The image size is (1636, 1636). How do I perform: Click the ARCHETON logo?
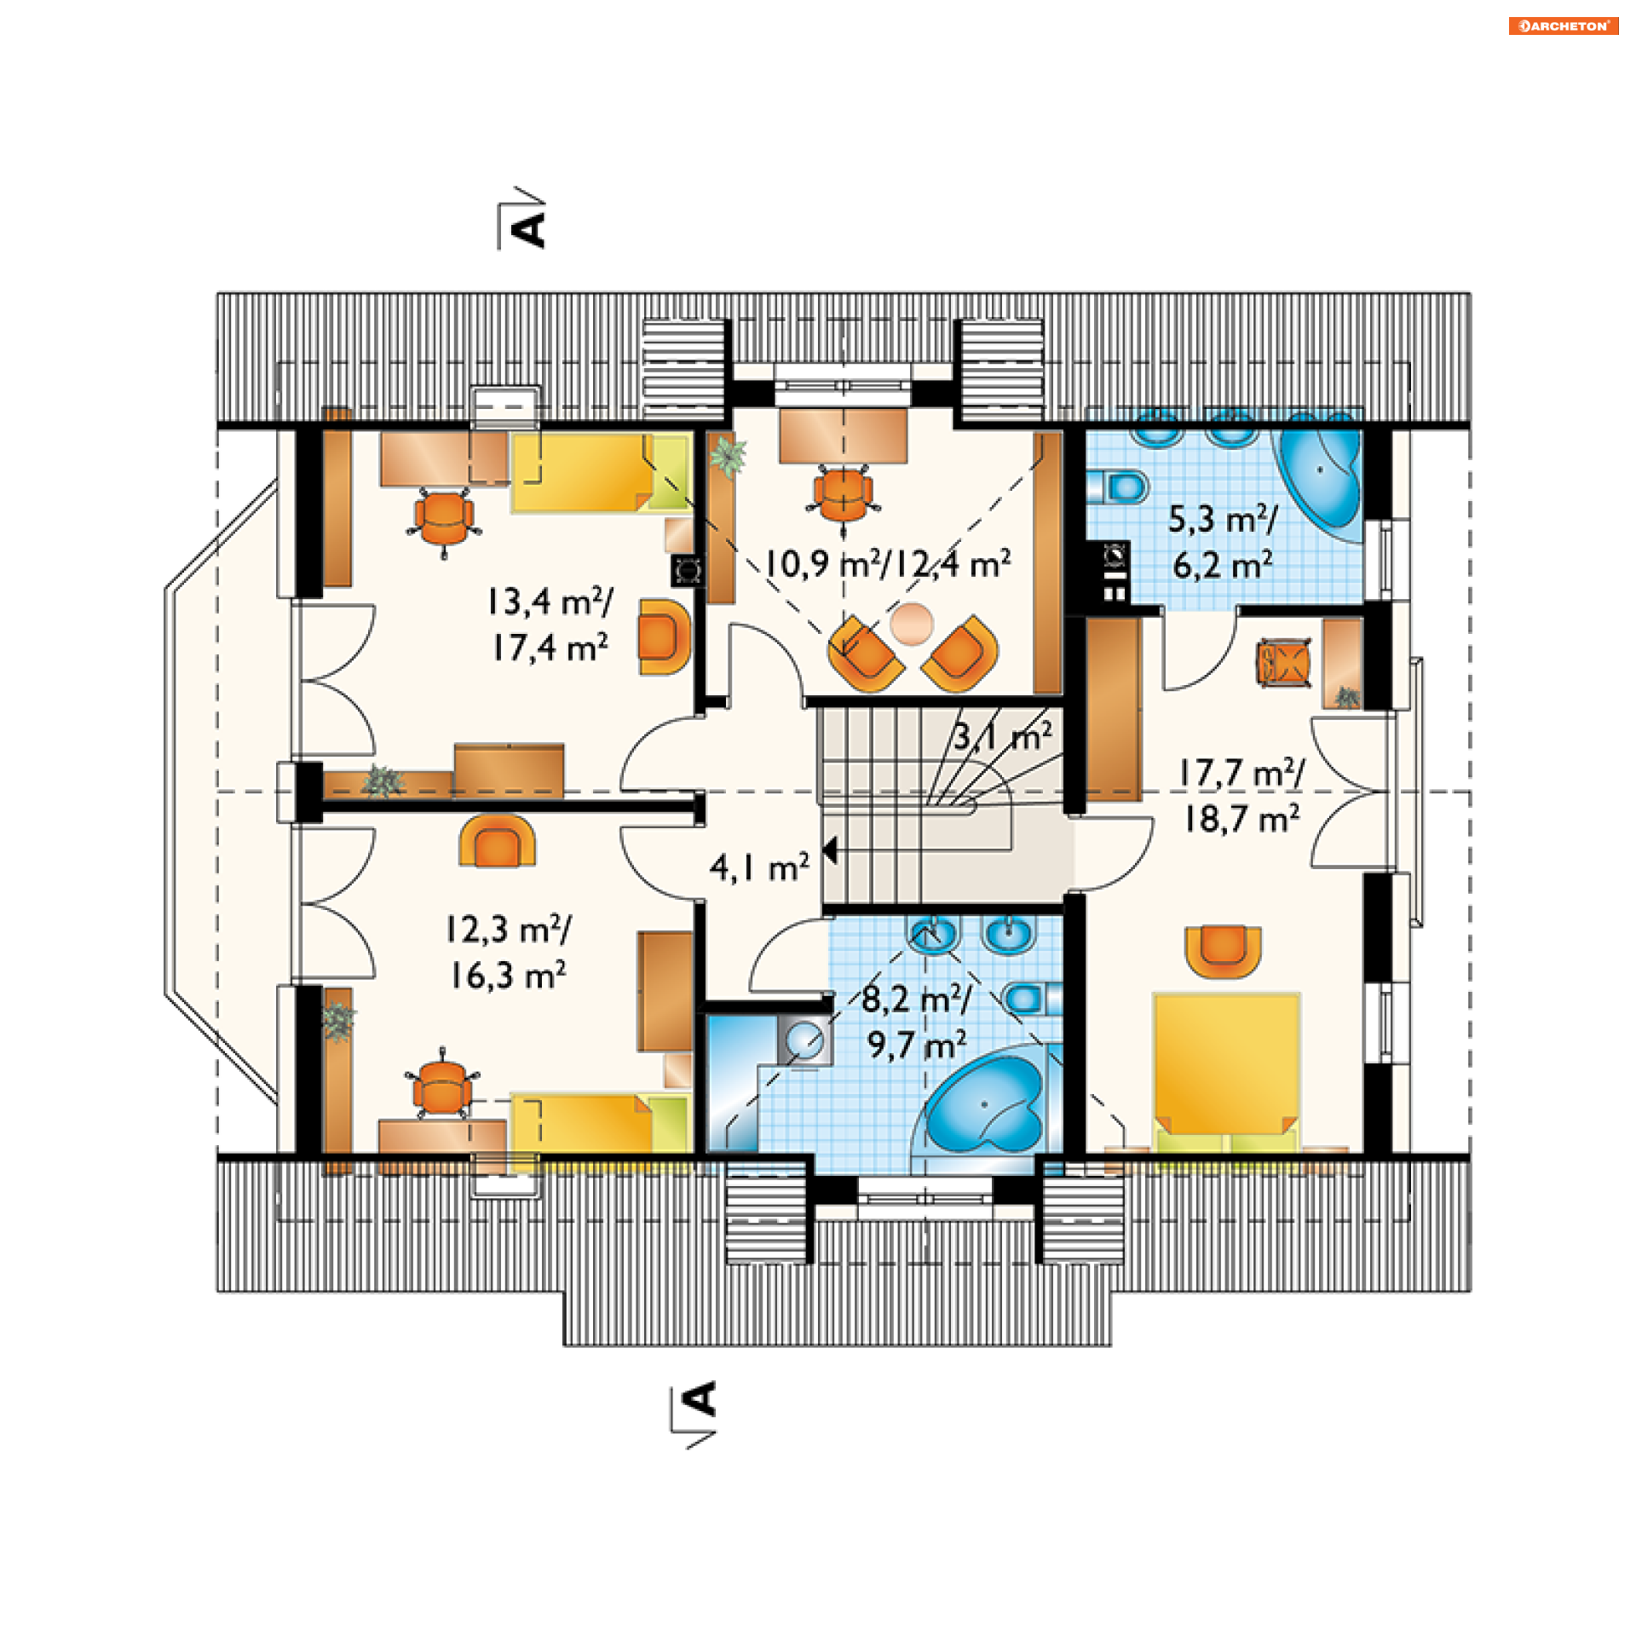(x=1563, y=26)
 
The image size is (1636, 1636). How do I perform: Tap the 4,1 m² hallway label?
(x=759, y=867)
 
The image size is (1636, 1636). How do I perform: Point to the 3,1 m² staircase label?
(x=1003, y=736)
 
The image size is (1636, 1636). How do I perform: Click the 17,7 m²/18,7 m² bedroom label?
(x=1241, y=796)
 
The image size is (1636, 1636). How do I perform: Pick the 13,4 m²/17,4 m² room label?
(x=550, y=625)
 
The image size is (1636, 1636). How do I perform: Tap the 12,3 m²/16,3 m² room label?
(x=509, y=952)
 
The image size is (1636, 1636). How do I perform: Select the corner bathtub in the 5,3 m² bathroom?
(x=1316, y=476)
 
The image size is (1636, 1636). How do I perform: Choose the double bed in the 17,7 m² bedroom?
(x=1226, y=1074)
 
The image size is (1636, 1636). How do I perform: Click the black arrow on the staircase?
(x=830, y=850)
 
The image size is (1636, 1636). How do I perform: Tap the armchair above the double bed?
(x=1224, y=951)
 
